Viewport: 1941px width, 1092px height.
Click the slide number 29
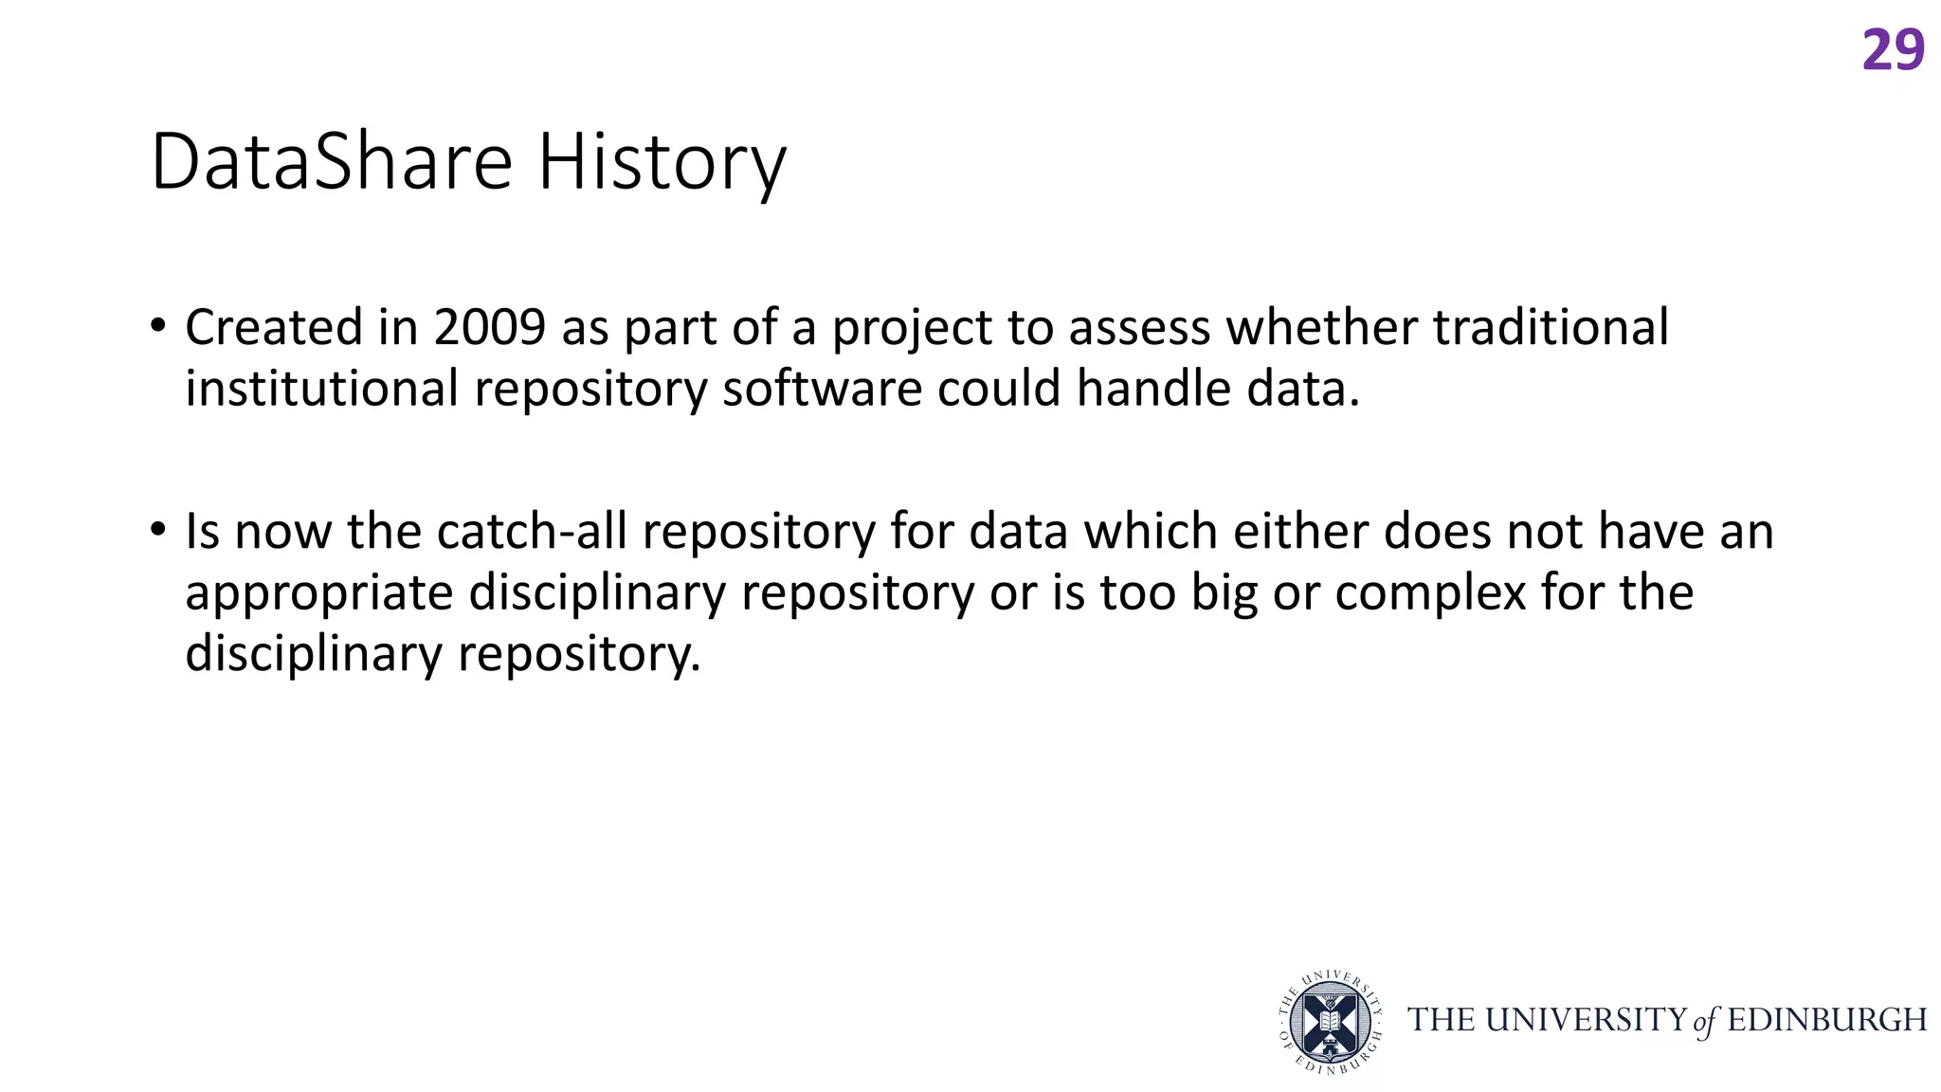click(1893, 50)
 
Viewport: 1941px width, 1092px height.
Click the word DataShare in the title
click(331, 162)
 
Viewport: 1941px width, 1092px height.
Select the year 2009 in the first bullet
click(490, 328)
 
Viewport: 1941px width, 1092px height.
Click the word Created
click(274, 328)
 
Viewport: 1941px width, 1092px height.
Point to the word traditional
click(1550, 328)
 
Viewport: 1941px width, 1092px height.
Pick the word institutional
click(321, 390)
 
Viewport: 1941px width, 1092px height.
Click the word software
click(822, 390)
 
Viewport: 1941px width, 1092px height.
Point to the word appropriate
click(318, 594)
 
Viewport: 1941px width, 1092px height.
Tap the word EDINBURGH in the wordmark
click(1827, 1021)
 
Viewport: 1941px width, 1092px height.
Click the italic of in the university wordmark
click(1705, 1022)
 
